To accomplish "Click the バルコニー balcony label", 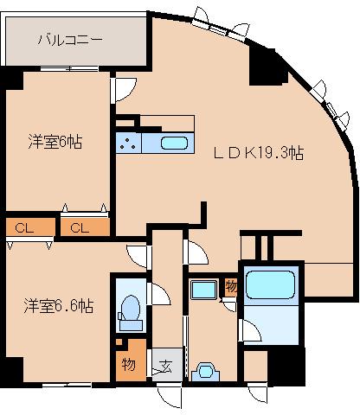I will [71, 40].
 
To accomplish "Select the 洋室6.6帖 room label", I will [58, 306].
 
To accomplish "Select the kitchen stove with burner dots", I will [130, 143].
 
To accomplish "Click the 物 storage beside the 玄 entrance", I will [128, 364].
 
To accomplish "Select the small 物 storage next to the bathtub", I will [231, 286].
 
